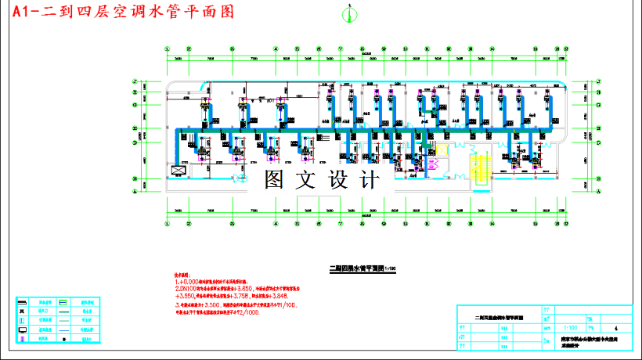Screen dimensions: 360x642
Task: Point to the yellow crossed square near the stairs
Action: click(440, 148)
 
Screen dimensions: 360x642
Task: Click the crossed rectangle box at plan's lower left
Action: click(178, 170)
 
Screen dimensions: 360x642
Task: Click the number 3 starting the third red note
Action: click(176, 304)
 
